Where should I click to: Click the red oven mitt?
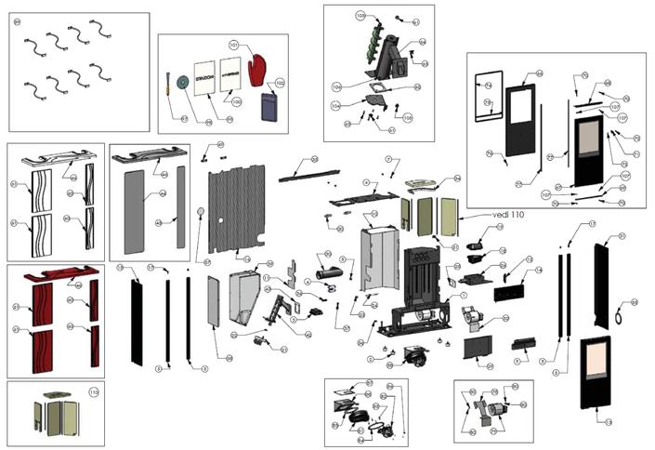(x=258, y=69)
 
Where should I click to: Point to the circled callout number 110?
(x=93, y=392)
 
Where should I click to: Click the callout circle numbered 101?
(x=234, y=45)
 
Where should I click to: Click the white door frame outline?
(x=489, y=96)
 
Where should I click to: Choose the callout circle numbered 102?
(x=280, y=83)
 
